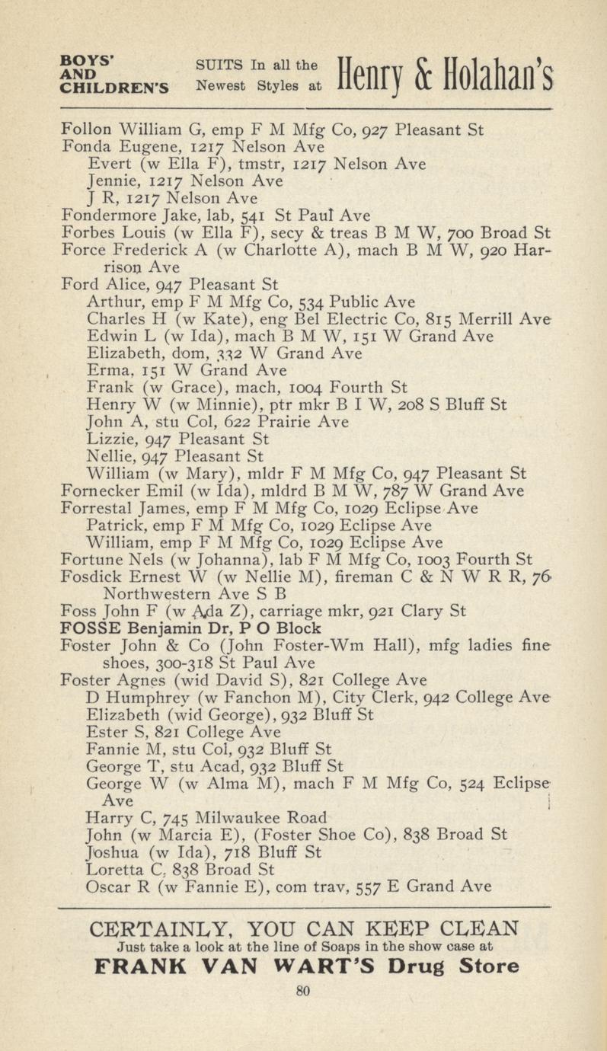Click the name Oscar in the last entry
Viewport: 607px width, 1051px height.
pyautogui.click(x=107, y=886)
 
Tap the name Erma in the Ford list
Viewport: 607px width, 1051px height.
pyautogui.click(x=105, y=371)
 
